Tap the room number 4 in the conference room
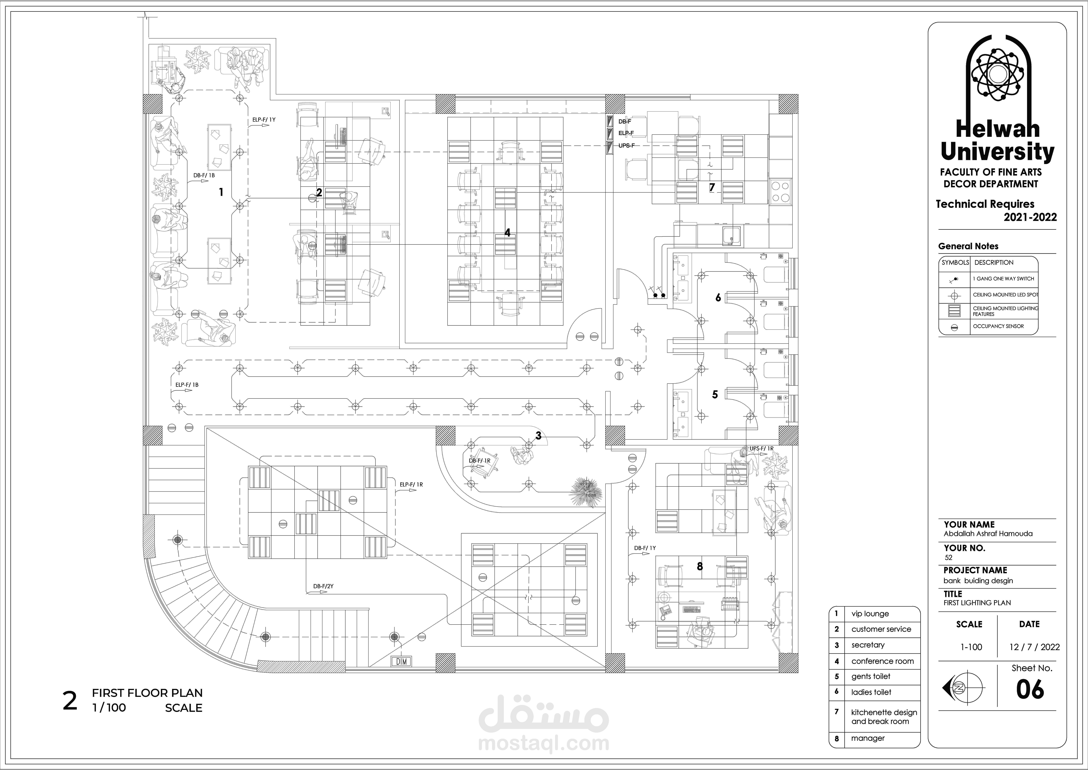[508, 233]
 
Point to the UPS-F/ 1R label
[761, 449]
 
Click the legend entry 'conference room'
[882, 661]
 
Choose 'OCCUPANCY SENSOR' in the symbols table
[998, 326]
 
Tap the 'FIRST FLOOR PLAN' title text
[147, 693]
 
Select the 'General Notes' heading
[968, 246]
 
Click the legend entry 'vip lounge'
[870, 614]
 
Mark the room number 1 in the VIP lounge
[221, 192]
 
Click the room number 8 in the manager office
[700, 566]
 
